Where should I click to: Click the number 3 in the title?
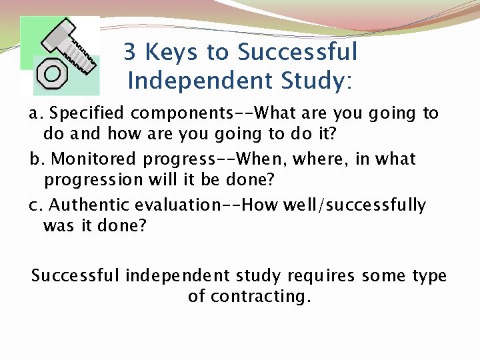[x=131, y=52]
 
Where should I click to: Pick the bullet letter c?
[x=35, y=205]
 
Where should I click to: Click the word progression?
[x=90, y=180]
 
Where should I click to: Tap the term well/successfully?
[x=354, y=205]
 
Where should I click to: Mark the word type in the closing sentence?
[x=425, y=276]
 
